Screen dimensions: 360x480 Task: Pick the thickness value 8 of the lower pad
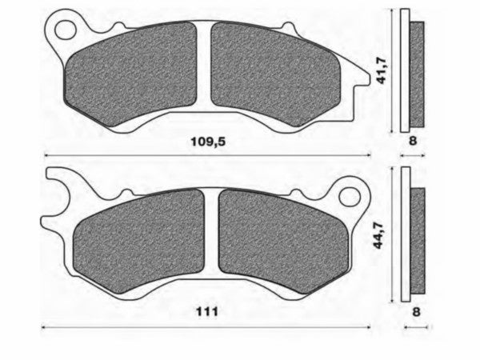pyautogui.click(x=414, y=311)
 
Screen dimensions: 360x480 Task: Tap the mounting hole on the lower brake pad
pyautogui.click(x=350, y=195)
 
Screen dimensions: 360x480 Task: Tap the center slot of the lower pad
pyautogui.click(x=213, y=240)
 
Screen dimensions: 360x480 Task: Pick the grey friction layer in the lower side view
pyautogui.click(x=418, y=242)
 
